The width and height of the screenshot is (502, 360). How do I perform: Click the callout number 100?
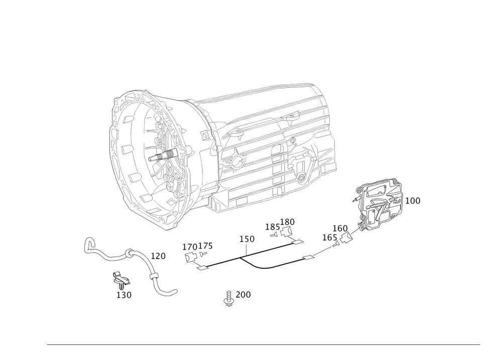coord(413,201)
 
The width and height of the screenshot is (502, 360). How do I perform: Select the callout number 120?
coord(158,256)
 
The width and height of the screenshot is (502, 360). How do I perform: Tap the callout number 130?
coord(124,295)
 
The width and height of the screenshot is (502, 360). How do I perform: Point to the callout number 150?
coord(247,239)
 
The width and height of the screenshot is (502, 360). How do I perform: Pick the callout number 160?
coord(340,228)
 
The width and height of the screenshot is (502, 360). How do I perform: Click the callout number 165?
coord(330,237)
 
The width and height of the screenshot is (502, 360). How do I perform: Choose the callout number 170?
coord(190,247)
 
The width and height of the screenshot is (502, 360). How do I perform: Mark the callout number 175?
coord(205,246)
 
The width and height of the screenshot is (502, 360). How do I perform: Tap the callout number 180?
coord(287,222)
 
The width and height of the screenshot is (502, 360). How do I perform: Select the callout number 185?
coord(273,227)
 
